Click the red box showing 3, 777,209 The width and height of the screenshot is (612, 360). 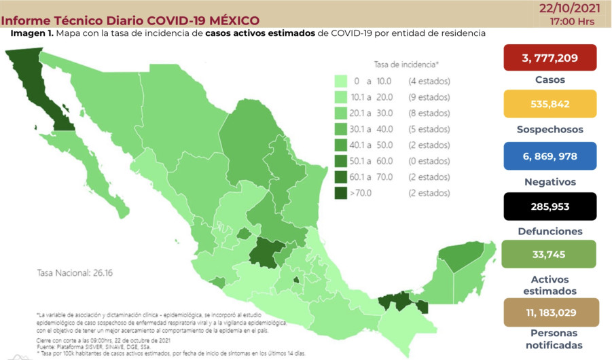550,58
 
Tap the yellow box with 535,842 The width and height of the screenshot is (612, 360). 550,104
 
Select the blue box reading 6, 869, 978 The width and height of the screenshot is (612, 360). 550,156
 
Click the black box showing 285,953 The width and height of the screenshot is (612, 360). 550,206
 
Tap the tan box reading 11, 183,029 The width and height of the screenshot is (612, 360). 550,311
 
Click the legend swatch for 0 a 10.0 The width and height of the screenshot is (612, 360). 342,82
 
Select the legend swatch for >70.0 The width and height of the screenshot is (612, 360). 342,193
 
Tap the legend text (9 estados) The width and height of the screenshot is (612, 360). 429,97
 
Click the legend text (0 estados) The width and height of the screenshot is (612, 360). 429,161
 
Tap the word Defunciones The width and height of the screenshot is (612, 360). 550,231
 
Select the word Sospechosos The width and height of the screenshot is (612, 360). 550,129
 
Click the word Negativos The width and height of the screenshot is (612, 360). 550,181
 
